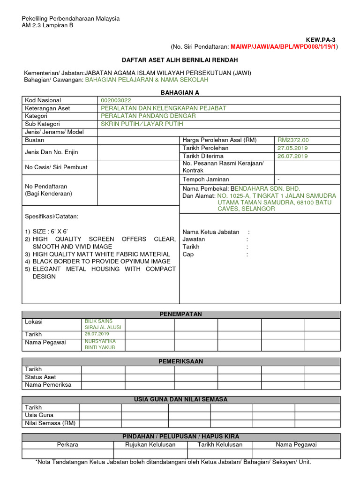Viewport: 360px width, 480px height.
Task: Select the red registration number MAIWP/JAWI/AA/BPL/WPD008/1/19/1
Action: [x=283, y=47]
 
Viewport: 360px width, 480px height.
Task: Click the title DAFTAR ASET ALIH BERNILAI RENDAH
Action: [x=180, y=60]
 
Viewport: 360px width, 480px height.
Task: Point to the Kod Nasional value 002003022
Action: [x=116, y=100]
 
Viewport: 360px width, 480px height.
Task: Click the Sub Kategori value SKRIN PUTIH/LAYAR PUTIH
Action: [x=142, y=124]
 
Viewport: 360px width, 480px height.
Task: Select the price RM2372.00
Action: [x=293, y=140]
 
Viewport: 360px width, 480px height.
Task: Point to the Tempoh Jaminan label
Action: [x=206, y=180]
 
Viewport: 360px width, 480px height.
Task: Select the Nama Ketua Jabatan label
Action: [x=210, y=232]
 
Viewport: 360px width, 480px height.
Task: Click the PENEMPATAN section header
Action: [x=180, y=314]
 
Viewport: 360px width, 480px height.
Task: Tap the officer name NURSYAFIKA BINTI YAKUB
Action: [x=99, y=345]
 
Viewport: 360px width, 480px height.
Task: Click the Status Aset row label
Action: [x=40, y=377]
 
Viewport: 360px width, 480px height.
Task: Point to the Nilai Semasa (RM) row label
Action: [x=50, y=423]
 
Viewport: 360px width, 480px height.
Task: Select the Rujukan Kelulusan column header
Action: [x=150, y=445]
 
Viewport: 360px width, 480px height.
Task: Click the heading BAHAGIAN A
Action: [x=180, y=93]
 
